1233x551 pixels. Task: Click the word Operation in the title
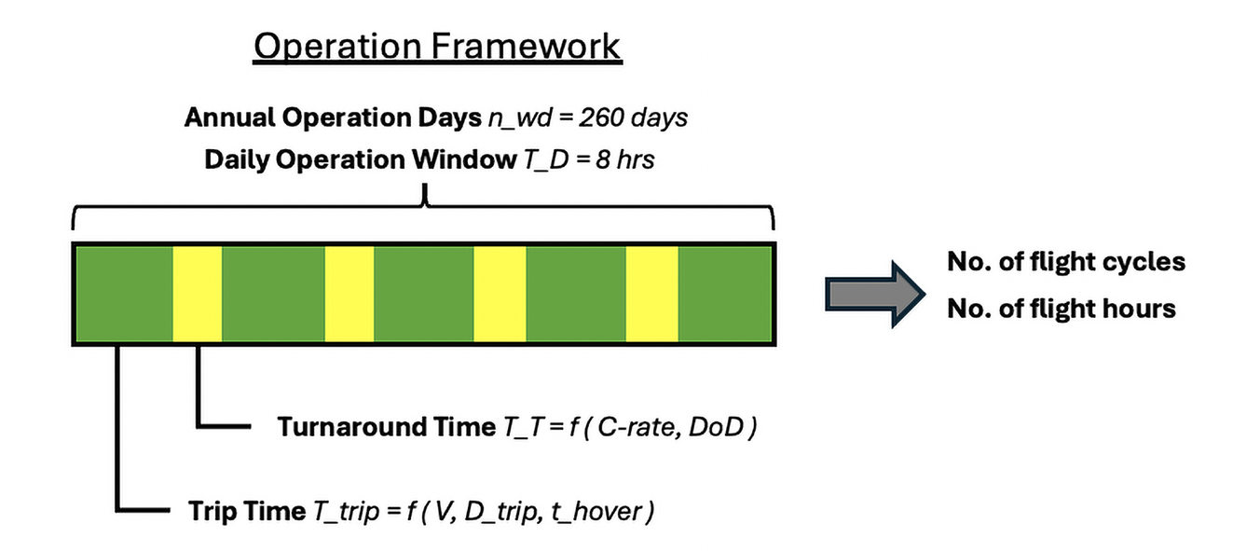(x=337, y=48)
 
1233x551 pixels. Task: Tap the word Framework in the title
(x=527, y=46)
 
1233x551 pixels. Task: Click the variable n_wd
(x=520, y=118)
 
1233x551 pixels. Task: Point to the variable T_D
(x=546, y=160)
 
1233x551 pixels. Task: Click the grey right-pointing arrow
(x=875, y=295)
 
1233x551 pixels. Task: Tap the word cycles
(x=1139, y=261)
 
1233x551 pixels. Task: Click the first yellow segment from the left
(x=197, y=294)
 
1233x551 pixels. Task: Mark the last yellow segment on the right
(x=651, y=294)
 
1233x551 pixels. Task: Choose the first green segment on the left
(x=124, y=294)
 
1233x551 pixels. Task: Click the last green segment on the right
(x=725, y=294)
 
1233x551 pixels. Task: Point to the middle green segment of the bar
(x=424, y=294)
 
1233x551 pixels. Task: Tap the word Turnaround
(x=352, y=427)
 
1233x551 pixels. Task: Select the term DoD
(x=716, y=427)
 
